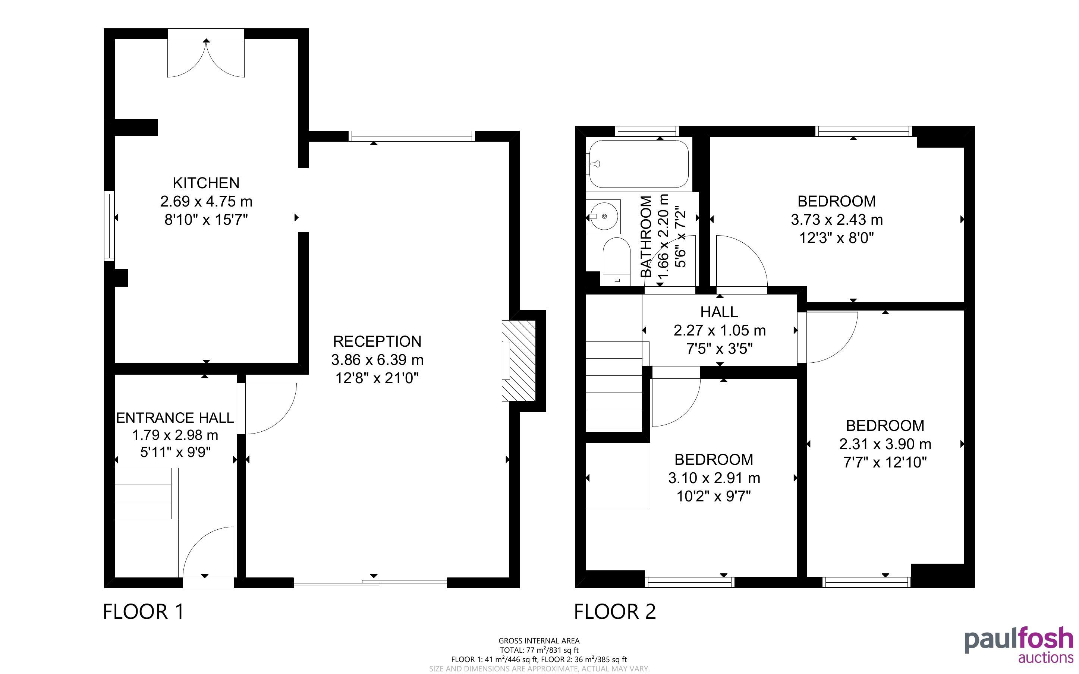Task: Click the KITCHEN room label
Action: point(206,183)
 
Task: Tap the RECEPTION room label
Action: point(377,341)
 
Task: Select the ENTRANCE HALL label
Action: point(175,418)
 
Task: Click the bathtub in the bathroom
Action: point(639,164)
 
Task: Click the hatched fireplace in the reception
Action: point(518,360)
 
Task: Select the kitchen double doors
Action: point(206,57)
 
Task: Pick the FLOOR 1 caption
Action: point(144,612)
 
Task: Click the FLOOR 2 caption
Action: point(615,612)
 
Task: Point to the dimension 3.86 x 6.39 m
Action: point(377,360)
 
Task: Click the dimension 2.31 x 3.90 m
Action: point(885,444)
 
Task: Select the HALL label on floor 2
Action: point(719,312)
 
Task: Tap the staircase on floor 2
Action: point(614,385)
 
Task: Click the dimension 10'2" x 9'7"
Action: point(714,496)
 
